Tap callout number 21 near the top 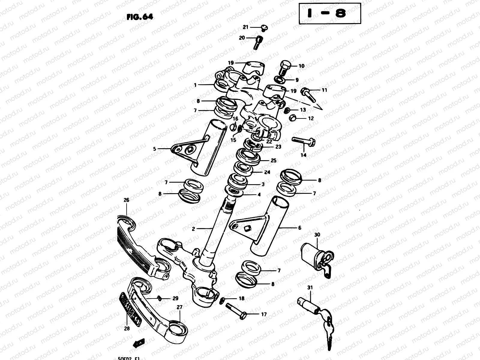[246, 27]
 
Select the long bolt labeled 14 [303, 141]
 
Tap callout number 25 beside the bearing [273, 161]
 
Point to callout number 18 [241, 298]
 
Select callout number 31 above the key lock [310, 287]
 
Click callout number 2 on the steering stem [193, 229]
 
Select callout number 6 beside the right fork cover [299, 228]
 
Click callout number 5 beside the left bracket [154, 148]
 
